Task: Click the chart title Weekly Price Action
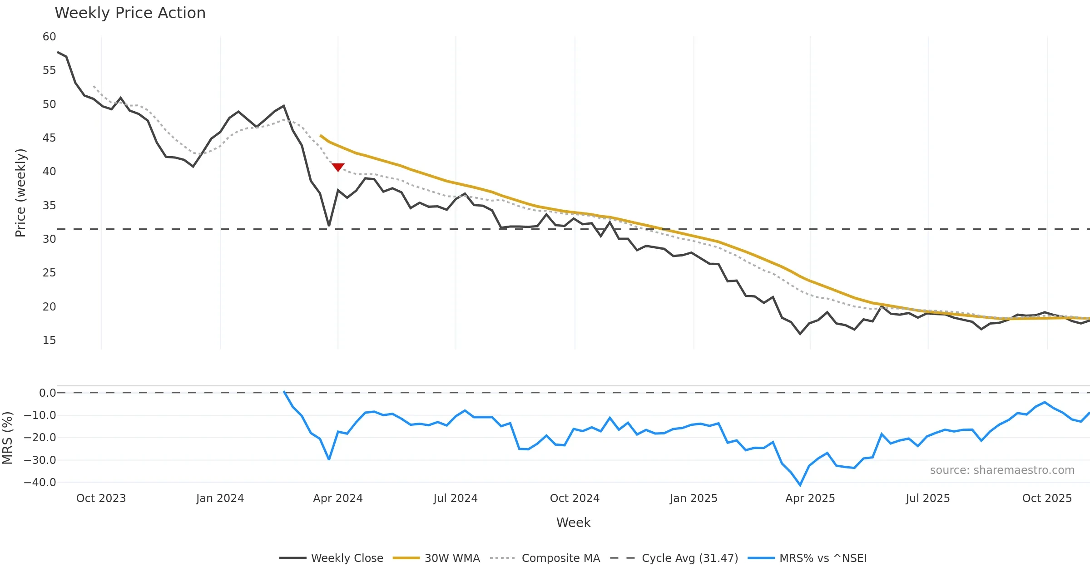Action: [x=130, y=13]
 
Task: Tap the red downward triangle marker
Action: [x=338, y=167]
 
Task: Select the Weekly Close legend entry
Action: [x=332, y=558]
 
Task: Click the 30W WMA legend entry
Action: [x=436, y=558]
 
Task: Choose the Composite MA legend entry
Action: [x=545, y=558]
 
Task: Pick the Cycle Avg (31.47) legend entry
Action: [x=674, y=558]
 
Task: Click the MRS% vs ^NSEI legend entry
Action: [x=807, y=558]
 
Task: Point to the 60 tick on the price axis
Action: [x=49, y=37]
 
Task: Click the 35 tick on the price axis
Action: [x=49, y=206]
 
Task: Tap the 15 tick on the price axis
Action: [x=49, y=340]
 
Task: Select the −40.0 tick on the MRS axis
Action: [x=40, y=483]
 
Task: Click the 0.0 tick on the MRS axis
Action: [x=47, y=393]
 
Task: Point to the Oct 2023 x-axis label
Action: [x=101, y=498]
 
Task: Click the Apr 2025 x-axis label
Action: [x=810, y=498]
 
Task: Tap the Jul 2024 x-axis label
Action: [x=456, y=498]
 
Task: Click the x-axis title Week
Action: [x=573, y=523]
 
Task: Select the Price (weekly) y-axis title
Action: [x=20, y=193]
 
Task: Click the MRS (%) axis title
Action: [x=7, y=438]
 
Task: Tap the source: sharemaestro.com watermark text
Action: [x=1002, y=470]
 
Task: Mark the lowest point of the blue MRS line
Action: [x=800, y=485]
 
